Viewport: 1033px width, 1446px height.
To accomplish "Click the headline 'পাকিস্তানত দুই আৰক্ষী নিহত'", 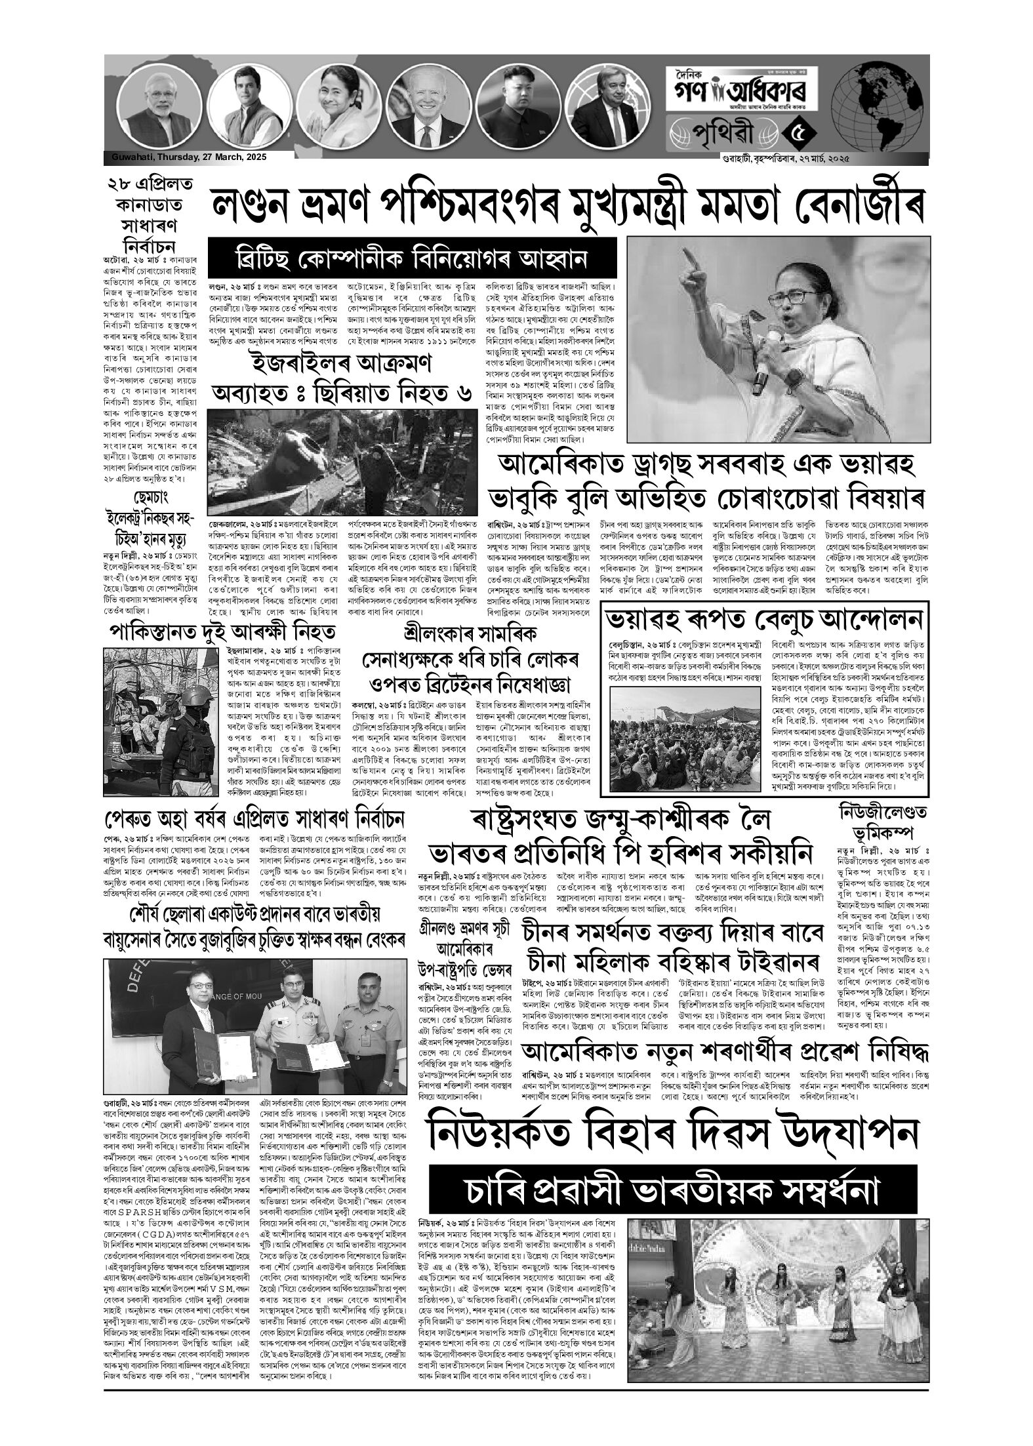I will pyautogui.click(x=223, y=633).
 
